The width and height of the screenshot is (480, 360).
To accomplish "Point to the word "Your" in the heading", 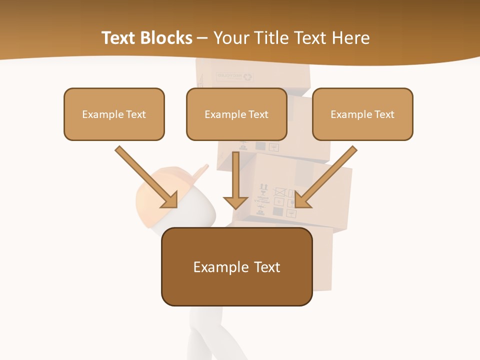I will (x=232, y=38).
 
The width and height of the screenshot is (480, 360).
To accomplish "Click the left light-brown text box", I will (x=114, y=114).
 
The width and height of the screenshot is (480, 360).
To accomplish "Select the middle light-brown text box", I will (x=236, y=114).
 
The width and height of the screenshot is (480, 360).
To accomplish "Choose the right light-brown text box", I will (x=362, y=114).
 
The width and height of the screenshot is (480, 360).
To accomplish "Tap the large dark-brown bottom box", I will (x=236, y=266).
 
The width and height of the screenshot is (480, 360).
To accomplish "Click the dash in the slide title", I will (x=202, y=38).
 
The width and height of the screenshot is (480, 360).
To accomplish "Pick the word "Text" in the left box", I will (x=136, y=114).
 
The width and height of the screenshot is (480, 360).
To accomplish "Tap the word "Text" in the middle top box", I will (x=258, y=114).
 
